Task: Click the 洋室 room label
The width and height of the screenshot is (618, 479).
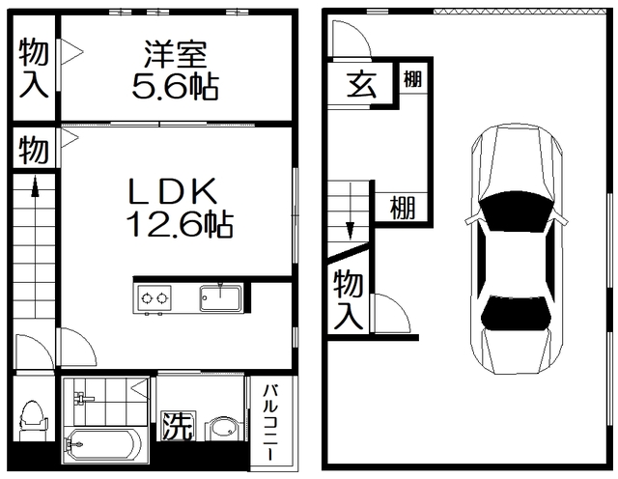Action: coord(175,54)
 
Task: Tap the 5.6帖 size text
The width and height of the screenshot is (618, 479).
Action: coord(175,86)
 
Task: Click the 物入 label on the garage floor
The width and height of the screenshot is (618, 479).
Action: coord(349,300)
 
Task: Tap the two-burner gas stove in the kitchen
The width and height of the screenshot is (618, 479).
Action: coord(153,297)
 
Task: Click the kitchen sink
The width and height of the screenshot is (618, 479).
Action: coord(221,297)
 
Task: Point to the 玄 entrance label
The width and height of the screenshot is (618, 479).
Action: coord(360,84)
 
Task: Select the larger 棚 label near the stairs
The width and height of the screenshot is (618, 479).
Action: coord(404,207)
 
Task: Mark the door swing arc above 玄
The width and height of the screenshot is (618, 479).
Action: coord(350,40)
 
